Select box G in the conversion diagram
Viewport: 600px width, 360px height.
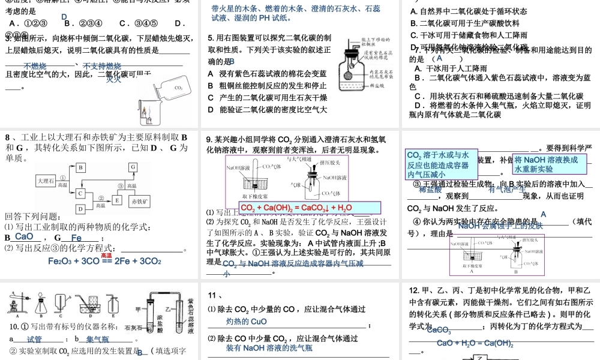point(133,167)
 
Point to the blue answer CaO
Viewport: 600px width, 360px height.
point(25,237)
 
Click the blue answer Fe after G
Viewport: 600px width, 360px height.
point(76,238)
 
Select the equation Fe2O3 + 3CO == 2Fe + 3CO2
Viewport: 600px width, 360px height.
point(104,261)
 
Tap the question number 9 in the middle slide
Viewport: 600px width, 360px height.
point(209,138)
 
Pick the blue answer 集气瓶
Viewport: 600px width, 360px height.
point(97,339)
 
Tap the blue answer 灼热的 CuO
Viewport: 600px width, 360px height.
point(247,322)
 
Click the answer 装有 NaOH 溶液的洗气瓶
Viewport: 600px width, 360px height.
point(269,347)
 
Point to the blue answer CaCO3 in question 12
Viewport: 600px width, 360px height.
point(439,330)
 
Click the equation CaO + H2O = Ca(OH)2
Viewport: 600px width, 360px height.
point(475,343)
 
